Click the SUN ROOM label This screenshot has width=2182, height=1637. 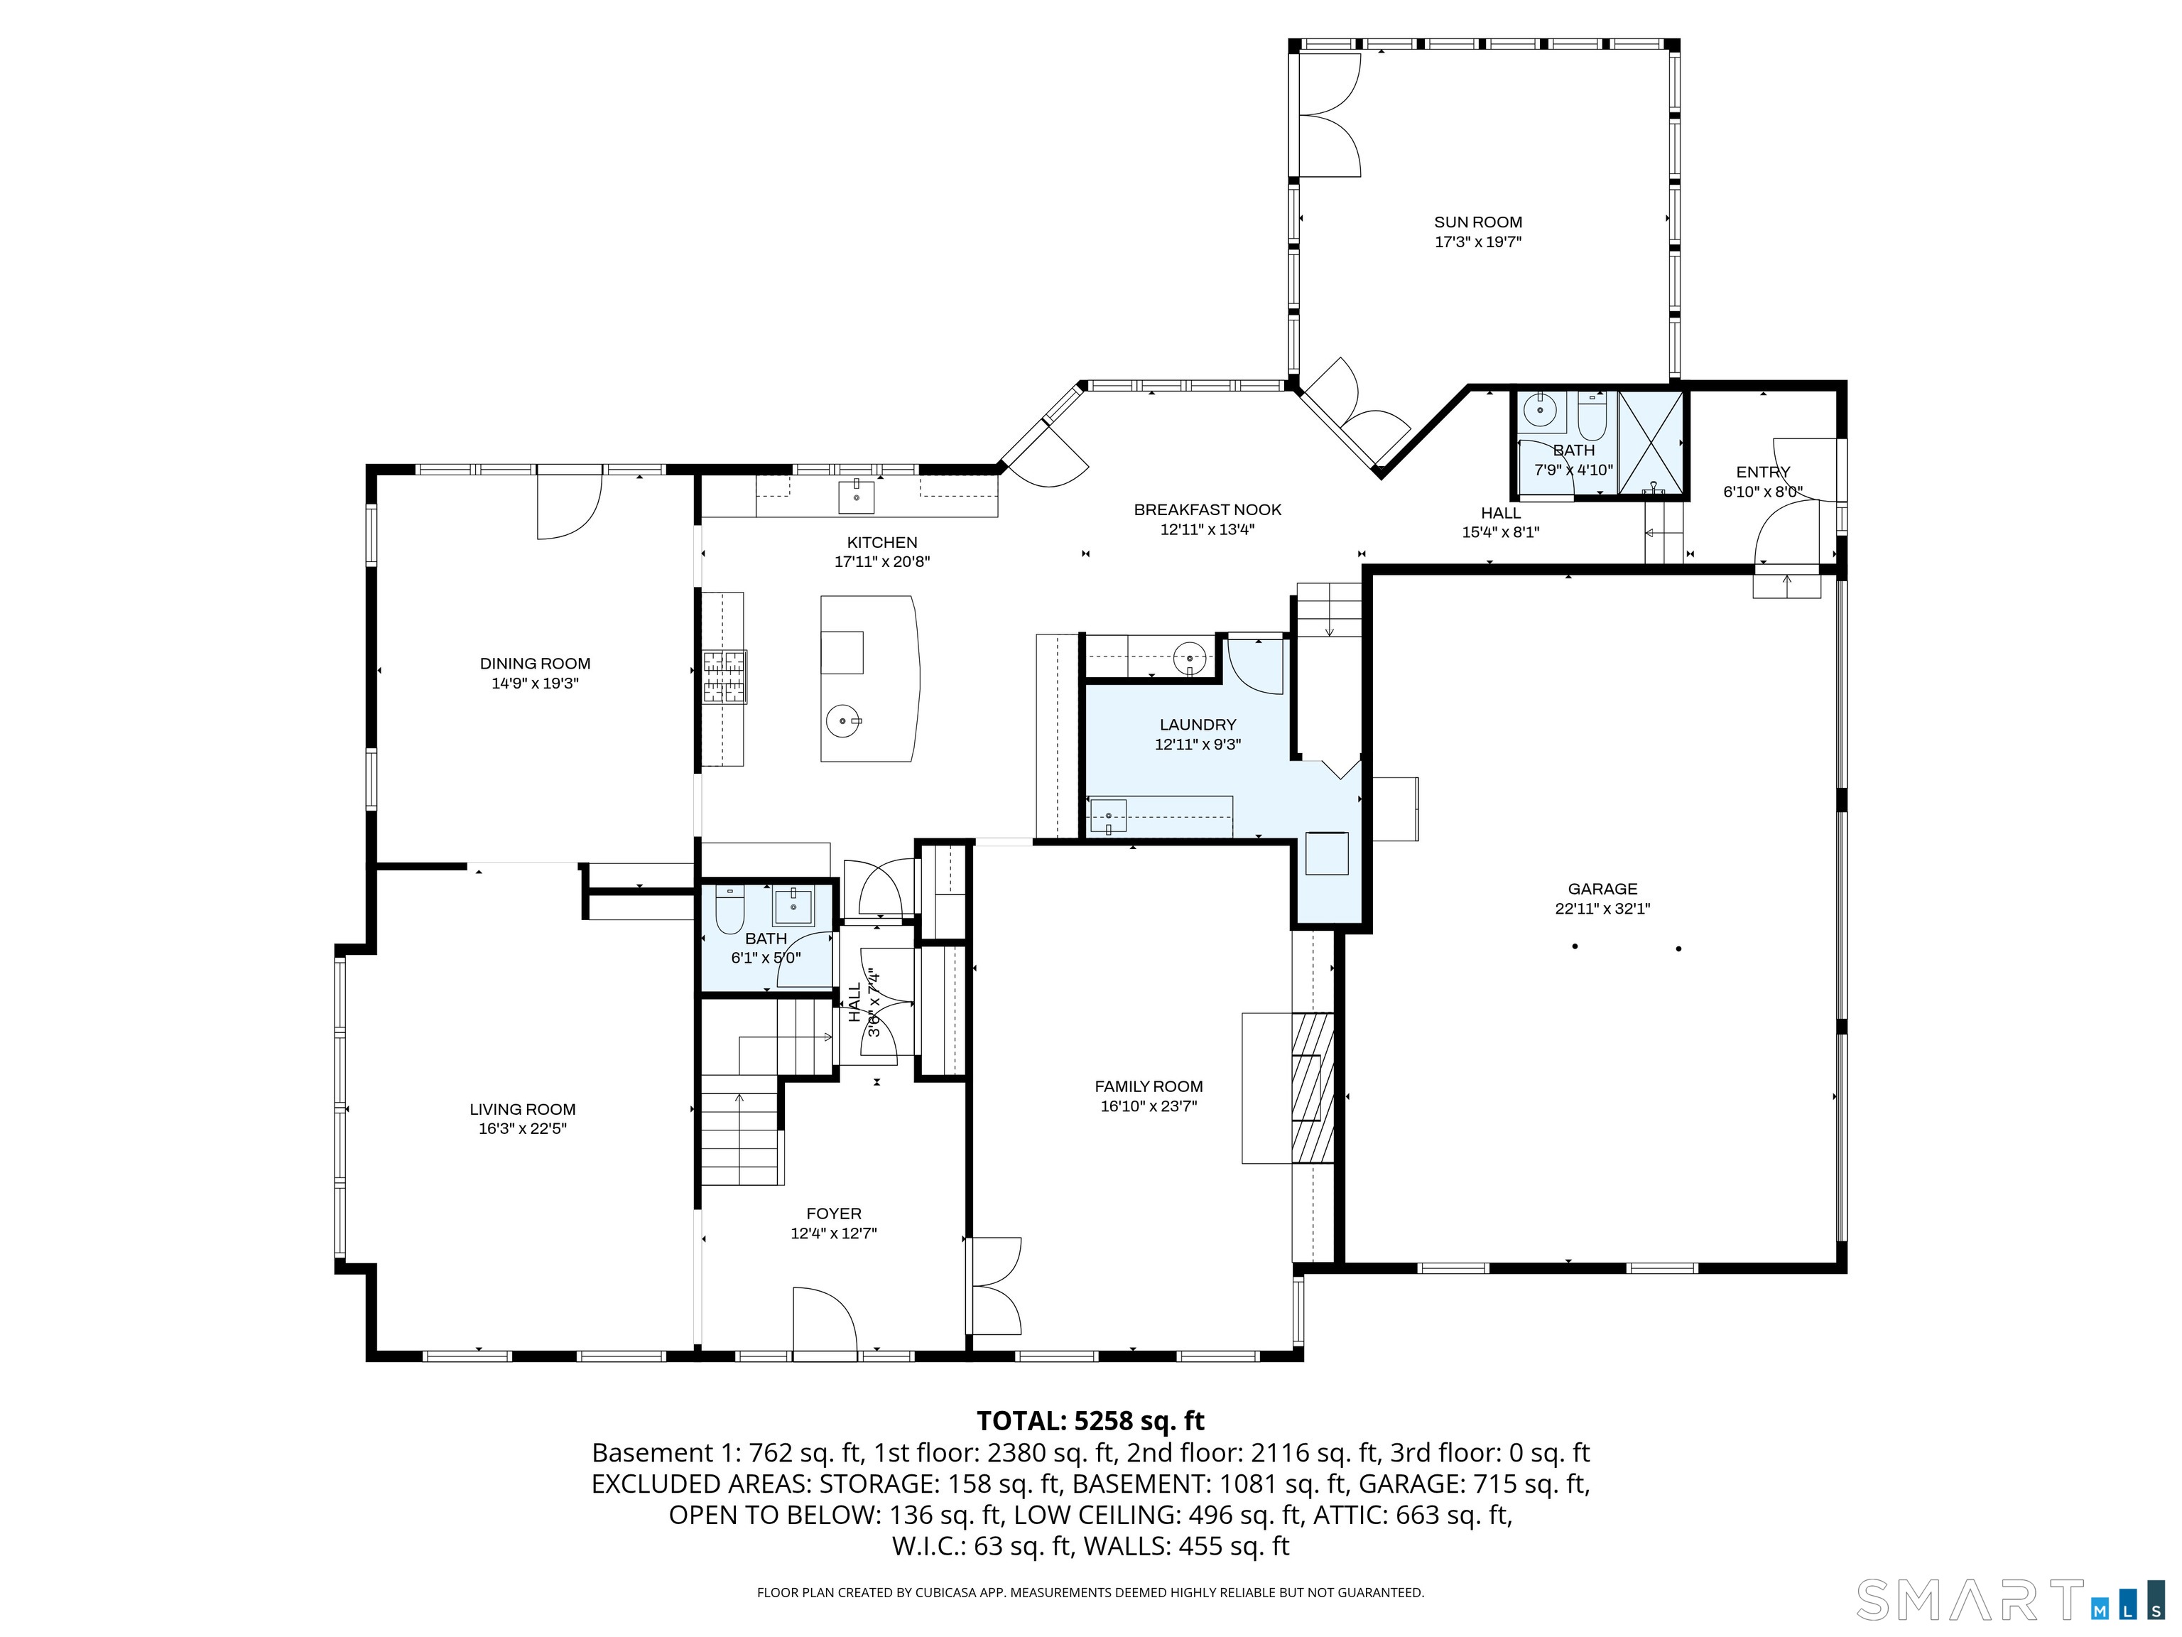pyautogui.click(x=1477, y=222)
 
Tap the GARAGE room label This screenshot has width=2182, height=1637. pyautogui.click(x=1602, y=889)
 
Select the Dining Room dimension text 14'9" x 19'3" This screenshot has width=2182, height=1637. pyautogui.click(x=535, y=683)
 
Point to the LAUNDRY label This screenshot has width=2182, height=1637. pyautogui.click(x=1198, y=724)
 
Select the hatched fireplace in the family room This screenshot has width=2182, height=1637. pyautogui.click(x=1313, y=1087)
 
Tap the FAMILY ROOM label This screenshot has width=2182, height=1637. pyautogui.click(x=1149, y=1086)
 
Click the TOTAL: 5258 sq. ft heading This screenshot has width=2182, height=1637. pyautogui.click(x=1090, y=1421)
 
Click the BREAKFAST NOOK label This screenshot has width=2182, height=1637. pyautogui.click(x=1207, y=510)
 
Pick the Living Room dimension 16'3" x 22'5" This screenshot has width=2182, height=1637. pyautogui.click(x=523, y=1129)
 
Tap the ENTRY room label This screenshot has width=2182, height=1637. pyautogui.click(x=1763, y=472)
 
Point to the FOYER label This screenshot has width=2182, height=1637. pyautogui.click(x=834, y=1214)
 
